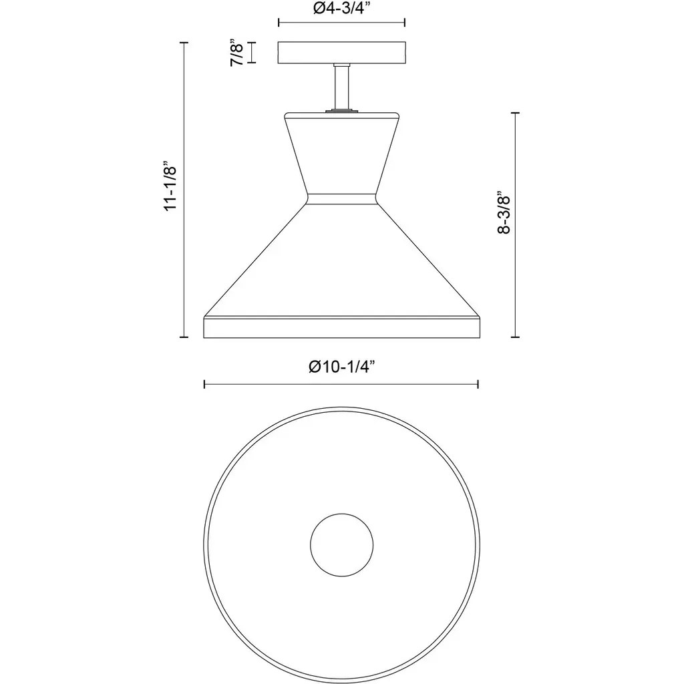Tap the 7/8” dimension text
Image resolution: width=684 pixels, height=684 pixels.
point(237,53)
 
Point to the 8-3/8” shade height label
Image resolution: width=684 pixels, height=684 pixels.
point(504,212)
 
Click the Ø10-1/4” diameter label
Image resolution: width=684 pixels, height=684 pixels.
point(341,367)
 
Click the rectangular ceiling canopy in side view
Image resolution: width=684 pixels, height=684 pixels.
point(342,52)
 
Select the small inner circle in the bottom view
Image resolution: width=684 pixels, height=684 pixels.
point(341,545)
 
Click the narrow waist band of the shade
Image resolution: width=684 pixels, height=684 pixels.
point(341,198)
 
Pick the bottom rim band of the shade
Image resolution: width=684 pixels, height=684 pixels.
point(341,327)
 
